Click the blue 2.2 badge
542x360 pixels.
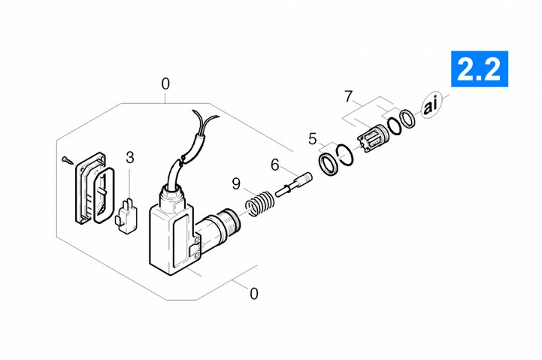(479, 68)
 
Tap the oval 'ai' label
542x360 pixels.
(430, 105)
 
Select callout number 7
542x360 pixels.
(349, 96)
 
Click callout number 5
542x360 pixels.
(313, 139)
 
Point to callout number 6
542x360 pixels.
(275, 165)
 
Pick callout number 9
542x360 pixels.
(236, 184)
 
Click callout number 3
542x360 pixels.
(129, 158)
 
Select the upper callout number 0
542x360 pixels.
(165, 84)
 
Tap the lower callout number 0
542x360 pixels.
(254, 294)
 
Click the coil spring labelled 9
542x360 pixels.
(259, 204)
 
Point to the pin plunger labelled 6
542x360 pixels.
(294, 185)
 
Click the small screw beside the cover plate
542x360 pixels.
(68, 160)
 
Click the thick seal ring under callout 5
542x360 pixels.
(327, 165)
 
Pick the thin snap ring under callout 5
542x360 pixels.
(345, 154)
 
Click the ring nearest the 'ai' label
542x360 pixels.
(407, 119)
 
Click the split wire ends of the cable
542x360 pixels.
(206, 120)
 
